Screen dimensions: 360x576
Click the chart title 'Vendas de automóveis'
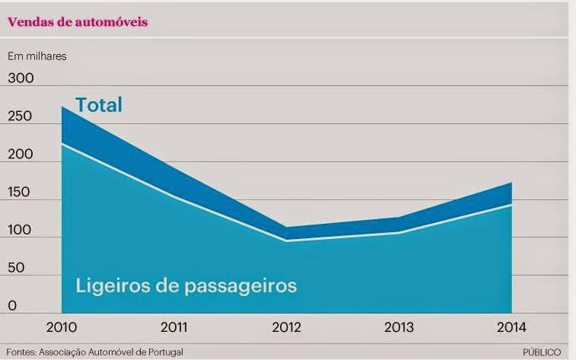pyautogui.click(x=78, y=22)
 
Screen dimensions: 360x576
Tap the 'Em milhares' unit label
pyautogui.click(x=38, y=56)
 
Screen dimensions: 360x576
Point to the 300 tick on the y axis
pyautogui.click(x=21, y=78)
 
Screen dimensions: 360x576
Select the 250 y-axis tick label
pyautogui.click(x=21, y=116)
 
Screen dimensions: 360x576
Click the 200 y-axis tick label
pyautogui.click(x=21, y=155)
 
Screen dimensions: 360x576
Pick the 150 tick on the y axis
pyautogui.click(x=21, y=193)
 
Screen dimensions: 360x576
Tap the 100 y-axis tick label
pyautogui.click(x=21, y=231)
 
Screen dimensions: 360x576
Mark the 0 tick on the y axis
pyautogui.click(x=12, y=306)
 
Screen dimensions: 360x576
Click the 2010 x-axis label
pyautogui.click(x=62, y=328)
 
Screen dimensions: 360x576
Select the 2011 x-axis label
pyautogui.click(x=176, y=328)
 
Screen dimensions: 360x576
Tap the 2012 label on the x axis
pyautogui.click(x=288, y=328)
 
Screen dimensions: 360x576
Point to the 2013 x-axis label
pyautogui.click(x=399, y=328)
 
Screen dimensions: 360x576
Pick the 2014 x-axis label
pyautogui.click(x=511, y=328)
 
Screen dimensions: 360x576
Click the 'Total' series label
pyautogui.click(x=98, y=105)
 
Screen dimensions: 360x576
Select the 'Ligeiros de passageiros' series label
pyautogui.click(x=186, y=286)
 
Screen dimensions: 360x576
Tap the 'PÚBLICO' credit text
pyautogui.click(x=545, y=352)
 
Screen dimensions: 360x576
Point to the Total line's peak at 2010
pyautogui.click(x=62, y=106)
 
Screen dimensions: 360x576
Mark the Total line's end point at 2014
pyautogui.click(x=511, y=183)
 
